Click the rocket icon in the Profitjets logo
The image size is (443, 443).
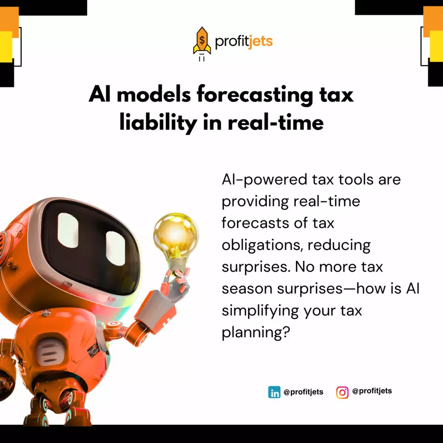tap(202, 43)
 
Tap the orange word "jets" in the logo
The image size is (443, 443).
tap(261, 42)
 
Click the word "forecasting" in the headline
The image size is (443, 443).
tap(255, 95)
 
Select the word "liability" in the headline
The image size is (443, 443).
tap(158, 123)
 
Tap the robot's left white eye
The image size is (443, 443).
tap(68, 230)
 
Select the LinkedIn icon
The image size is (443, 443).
tap(274, 392)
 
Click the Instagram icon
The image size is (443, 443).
tap(342, 392)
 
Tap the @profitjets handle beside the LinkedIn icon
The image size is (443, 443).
tap(303, 392)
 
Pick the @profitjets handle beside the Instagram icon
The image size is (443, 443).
tap(372, 391)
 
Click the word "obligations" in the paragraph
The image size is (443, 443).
tap(262, 245)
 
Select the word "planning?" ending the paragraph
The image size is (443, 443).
tap(255, 333)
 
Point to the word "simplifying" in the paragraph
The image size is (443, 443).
tap(260, 311)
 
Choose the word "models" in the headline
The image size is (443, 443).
tap(154, 95)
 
